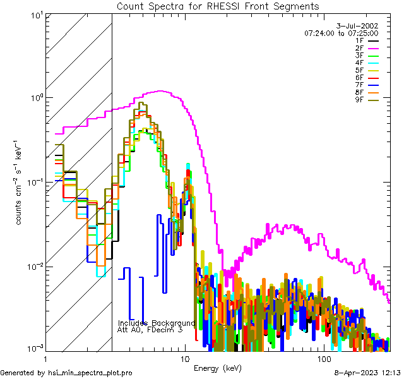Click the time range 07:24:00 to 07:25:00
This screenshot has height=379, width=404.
(341, 33)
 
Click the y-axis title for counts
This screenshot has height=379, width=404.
(20, 181)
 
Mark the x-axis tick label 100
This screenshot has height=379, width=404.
(324, 359)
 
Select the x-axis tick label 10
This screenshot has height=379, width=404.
(184, 359)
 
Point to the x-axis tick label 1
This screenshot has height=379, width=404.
(44, 359)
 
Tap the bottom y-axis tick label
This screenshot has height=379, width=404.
(34, 347)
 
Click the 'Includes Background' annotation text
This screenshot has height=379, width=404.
(157, 323)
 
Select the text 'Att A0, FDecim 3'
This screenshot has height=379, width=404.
(150, 330)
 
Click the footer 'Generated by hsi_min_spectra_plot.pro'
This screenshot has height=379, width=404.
(67, 373)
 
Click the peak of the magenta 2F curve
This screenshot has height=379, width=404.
(162, 91)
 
